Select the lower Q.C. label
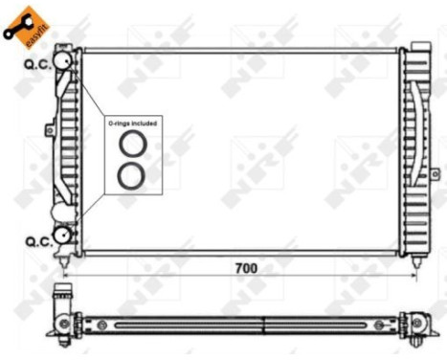(37, 241)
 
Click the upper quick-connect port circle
(64, 60)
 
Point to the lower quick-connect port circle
(65, 235)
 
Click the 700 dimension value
(247, 268)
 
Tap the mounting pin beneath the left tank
(66, 259)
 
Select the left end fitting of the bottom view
(63, 322)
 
